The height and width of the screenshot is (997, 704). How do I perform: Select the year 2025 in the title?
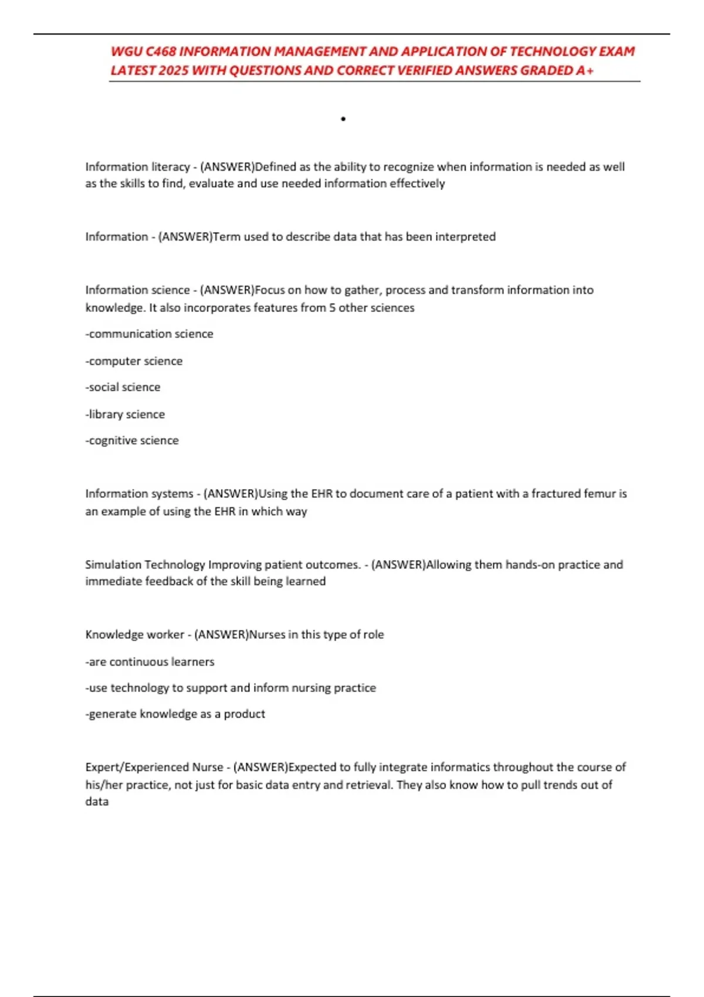click(x=173, y=70)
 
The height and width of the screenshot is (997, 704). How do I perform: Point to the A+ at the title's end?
click(x=584, y=70)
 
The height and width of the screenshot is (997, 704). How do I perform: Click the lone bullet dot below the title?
click(x=343, y=119)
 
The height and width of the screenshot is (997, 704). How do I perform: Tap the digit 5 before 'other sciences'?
click(x=332, y=308)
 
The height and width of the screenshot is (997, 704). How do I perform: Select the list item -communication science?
click(x=150, y=334)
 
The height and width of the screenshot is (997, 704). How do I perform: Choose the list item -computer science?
click(x=134, y=361)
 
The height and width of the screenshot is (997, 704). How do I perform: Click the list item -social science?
click(x=123, y=387)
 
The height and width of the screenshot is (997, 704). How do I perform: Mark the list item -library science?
click(x=125, y=414)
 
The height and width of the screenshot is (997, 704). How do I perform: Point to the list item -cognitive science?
click(x=132, y=440)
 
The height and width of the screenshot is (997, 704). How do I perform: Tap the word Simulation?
click(x=113, y=564)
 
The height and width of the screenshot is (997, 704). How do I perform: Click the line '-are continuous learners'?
click(x=150, y=662)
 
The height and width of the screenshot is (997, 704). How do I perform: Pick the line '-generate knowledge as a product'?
click(x=175, y=714)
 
